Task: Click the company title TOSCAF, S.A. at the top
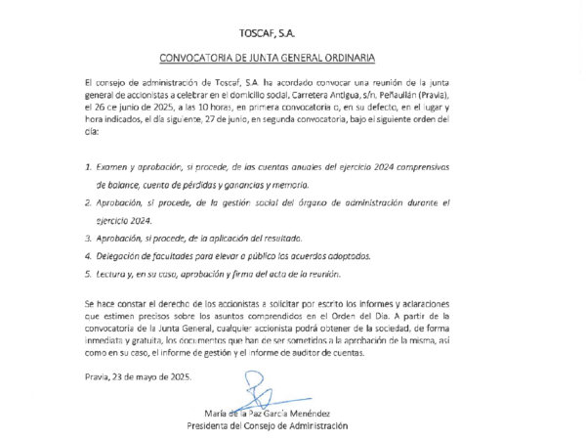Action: tap(294, 32)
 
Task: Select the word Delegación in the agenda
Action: tap(123, 255)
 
